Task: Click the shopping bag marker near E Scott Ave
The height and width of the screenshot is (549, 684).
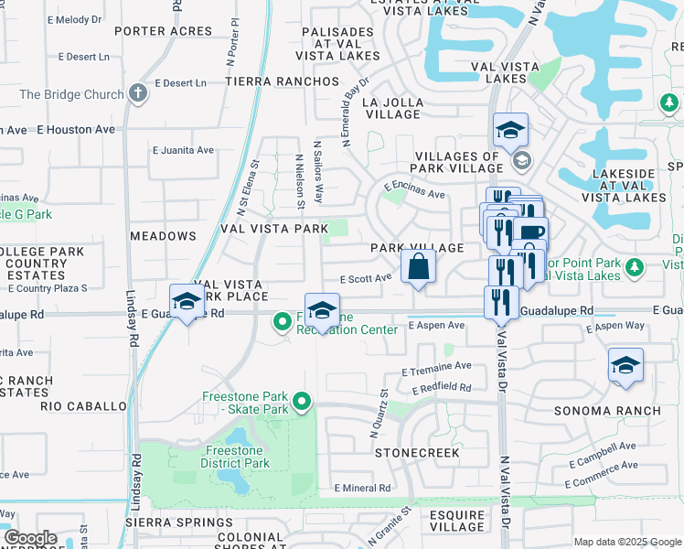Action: pos(418,268)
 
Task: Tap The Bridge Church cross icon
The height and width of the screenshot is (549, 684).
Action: pos(137,93)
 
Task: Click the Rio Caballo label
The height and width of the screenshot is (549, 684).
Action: pos(83,405)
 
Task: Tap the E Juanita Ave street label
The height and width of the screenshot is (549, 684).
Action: pos(183,150)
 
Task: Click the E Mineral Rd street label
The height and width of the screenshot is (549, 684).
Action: pos(362,489)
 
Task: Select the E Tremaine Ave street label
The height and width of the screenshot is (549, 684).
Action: pos(437,368)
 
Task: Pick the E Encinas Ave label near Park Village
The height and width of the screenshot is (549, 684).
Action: pos(414,189)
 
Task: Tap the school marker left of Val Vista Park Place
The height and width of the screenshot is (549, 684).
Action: pos(187,302)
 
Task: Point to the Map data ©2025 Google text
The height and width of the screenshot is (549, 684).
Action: pos(627,542)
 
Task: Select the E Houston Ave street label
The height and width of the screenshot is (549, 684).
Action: pos(77,130)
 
